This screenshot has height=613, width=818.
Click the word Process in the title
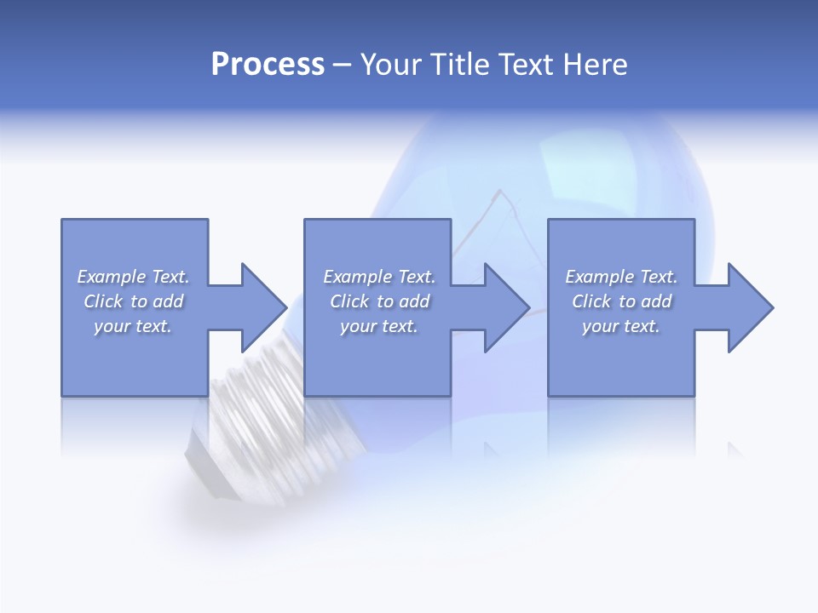coord(268,65)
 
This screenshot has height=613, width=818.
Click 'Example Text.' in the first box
coord(133,277)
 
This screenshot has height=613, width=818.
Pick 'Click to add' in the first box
coord(133,301)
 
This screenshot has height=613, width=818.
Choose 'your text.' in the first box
coord(133,326)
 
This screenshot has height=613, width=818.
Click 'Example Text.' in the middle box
coord(379,277)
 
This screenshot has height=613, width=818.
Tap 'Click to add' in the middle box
coord(379,301)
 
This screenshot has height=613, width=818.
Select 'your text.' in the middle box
coord(379,326)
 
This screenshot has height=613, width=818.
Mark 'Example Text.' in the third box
coord(621,277)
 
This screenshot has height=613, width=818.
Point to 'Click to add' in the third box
coord(621,301)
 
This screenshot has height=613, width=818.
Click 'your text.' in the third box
coord(621,326)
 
